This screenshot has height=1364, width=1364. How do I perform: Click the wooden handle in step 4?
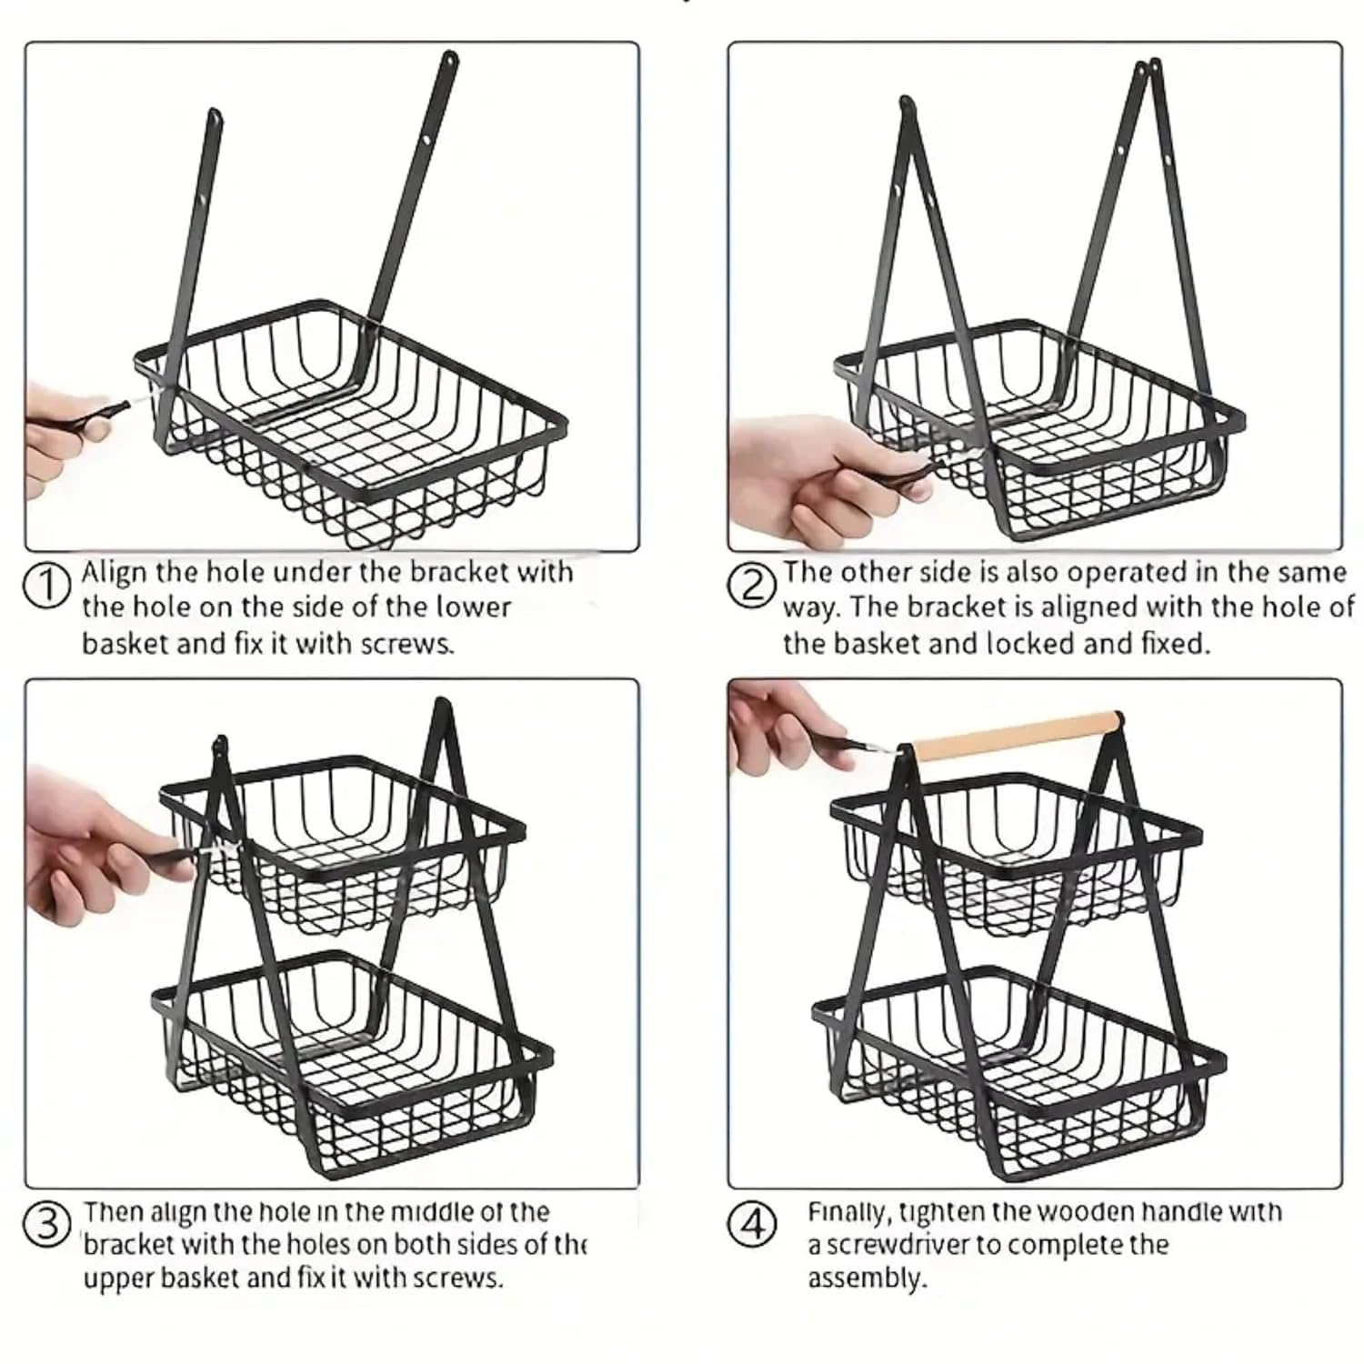pyautogui.click(x=1017, y=736)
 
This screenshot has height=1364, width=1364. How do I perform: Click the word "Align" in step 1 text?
pyautogui.click(x=114, y=573)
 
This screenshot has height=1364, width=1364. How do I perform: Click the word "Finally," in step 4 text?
pyautogui.click(x=850, y=1213)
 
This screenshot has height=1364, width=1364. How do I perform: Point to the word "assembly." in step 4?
pyautogui.click(x=867, y=1279)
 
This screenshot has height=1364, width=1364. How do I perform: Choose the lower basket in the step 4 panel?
pyautogui.click(x=1018, y=1073)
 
